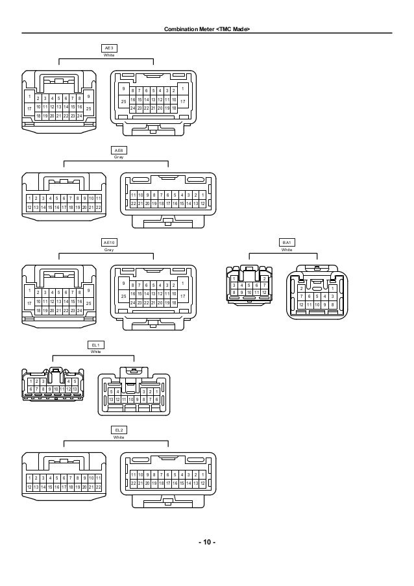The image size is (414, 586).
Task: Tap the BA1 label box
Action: [286, 242]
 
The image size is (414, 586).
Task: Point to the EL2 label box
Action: [118, 430]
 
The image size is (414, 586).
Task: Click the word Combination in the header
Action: [182, 31]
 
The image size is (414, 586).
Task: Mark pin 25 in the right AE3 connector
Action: [123, 102]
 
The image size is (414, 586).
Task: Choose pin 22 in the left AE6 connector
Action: [98, 207]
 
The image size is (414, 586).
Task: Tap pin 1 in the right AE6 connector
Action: [203, 195]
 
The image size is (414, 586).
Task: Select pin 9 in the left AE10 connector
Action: [88, 289]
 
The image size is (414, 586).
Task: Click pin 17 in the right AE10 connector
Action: [183, 297]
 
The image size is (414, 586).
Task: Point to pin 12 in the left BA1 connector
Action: [263, 292]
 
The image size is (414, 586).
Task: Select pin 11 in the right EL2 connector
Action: [133, 474]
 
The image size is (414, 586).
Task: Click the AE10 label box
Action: [108, 242]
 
